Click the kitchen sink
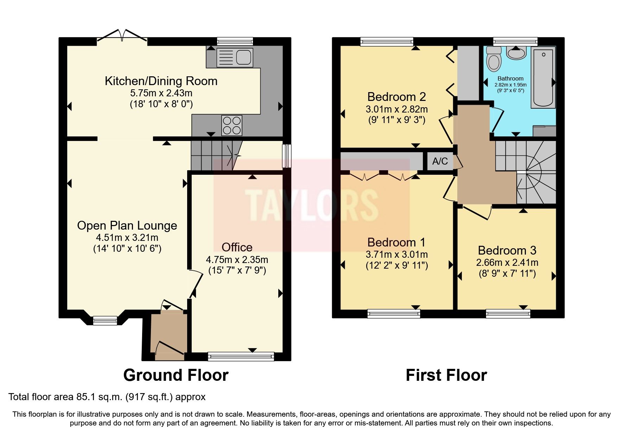pos(235,57)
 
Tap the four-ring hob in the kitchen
pos(232,126)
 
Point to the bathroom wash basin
pos(516,53)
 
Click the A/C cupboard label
pos(440,161)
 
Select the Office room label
pos(237,247)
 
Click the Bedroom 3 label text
pos(507,250)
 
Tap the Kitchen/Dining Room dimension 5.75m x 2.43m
pos(161,93)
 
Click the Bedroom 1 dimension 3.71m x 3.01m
pos(396,254)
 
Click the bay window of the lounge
pos(105,320)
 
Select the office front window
pos(241,357)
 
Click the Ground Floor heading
pos(176,375)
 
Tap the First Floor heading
pos(446,375)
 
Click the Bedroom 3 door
pos(477,213)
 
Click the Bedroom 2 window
pos(387,42)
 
